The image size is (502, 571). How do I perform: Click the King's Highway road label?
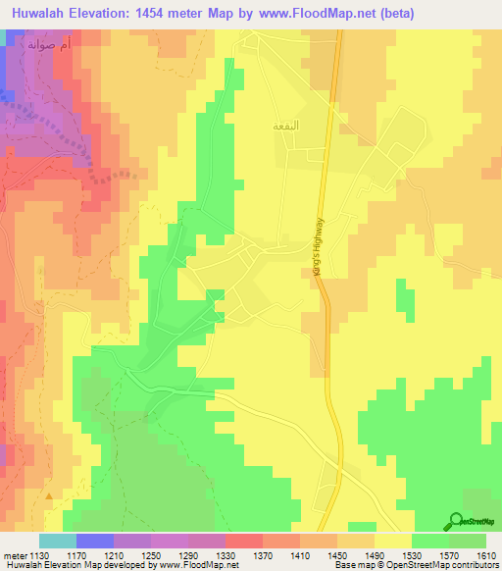320,252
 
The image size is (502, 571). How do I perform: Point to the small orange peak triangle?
48,496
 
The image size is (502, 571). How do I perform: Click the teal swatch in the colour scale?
57,541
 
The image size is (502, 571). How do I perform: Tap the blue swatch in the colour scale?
94,541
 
